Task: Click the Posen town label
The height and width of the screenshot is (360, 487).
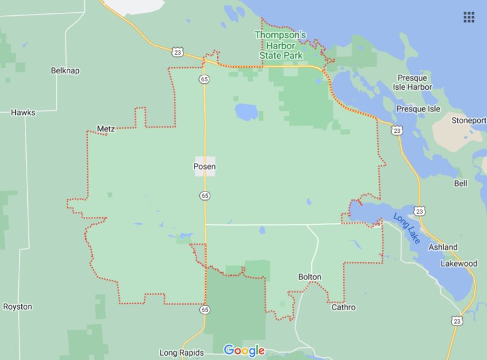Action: (205, 167)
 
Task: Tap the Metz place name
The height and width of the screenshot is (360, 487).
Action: (105, 128)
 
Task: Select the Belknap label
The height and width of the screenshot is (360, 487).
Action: (65, 70)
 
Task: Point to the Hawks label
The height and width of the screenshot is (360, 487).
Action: (23, 112)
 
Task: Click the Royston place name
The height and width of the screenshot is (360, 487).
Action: (18, 307)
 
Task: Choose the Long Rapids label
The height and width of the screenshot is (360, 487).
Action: (182, 353)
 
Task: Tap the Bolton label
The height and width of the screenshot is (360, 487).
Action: (310, 277)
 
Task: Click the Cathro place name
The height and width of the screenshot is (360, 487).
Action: (343, 307)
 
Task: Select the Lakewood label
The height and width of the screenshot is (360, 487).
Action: (459, 264)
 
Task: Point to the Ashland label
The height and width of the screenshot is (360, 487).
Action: (443, 247)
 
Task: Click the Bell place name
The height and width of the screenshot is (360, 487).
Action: (460, 183)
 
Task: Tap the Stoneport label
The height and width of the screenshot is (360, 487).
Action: (469, 120)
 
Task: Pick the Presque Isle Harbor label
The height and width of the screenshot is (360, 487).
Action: (414, 82)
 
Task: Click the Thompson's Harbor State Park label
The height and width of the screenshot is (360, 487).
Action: (280, 45)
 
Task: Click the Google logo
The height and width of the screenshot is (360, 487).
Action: (244, 350)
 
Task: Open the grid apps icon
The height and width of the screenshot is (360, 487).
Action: (469, 17)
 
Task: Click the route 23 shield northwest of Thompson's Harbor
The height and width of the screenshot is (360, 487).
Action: (176, 52)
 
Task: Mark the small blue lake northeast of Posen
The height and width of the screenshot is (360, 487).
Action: (247, 112)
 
